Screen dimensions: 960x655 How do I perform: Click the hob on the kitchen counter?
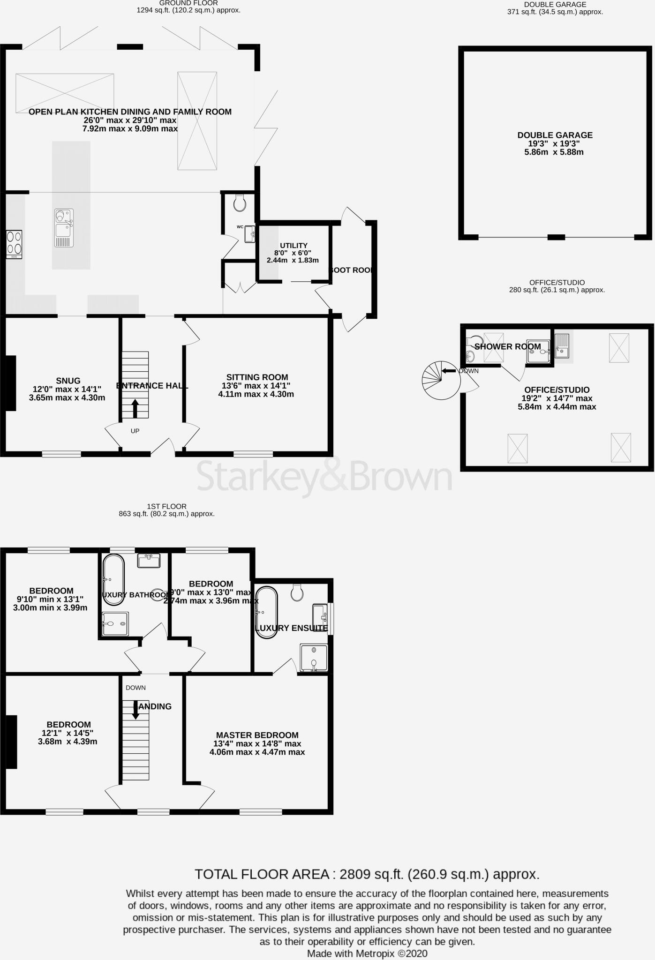(14, 244)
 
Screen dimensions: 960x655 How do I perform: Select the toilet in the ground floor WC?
(240, 203)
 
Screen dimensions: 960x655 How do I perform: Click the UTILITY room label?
(294, 246)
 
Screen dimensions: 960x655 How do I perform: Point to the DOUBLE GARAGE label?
(555, 135)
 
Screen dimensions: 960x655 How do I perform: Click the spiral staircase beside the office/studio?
(436, 380)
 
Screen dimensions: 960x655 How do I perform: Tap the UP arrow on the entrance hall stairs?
(135, 408)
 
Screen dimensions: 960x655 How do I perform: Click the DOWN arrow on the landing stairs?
(136, 710)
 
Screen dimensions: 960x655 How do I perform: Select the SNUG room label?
(68, 381)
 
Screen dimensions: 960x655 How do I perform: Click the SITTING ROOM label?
(257, 377)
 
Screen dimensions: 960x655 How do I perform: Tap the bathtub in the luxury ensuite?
(266, 612)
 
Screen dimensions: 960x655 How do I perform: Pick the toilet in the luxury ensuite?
(296, 593)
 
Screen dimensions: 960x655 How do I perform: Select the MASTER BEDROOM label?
(257, 735)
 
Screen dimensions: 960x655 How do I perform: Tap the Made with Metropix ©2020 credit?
(367, 953)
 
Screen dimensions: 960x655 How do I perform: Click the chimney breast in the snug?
(10, 383)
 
